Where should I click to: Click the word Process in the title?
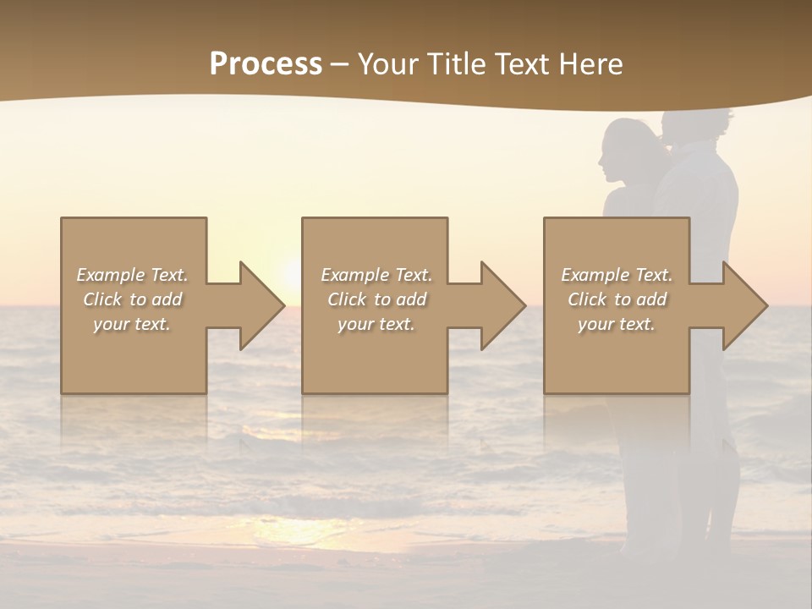pyautogui.click(x=266, y=64)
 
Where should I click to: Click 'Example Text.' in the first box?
pyautogui.click(x=133, y=275)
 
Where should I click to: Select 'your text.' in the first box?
pyautogui.click(x=133, y=324)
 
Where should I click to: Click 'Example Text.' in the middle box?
pyautogui.click(x=376, y=275)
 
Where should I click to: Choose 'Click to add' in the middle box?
pyautogui.click(x=376, y=299)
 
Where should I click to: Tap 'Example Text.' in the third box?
pyautogui.click(x=617, y=275)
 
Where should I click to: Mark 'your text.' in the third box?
pyautogui.click(x=617, y=324)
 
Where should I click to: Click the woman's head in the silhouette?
pyautogui.click(x=624, y=151)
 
